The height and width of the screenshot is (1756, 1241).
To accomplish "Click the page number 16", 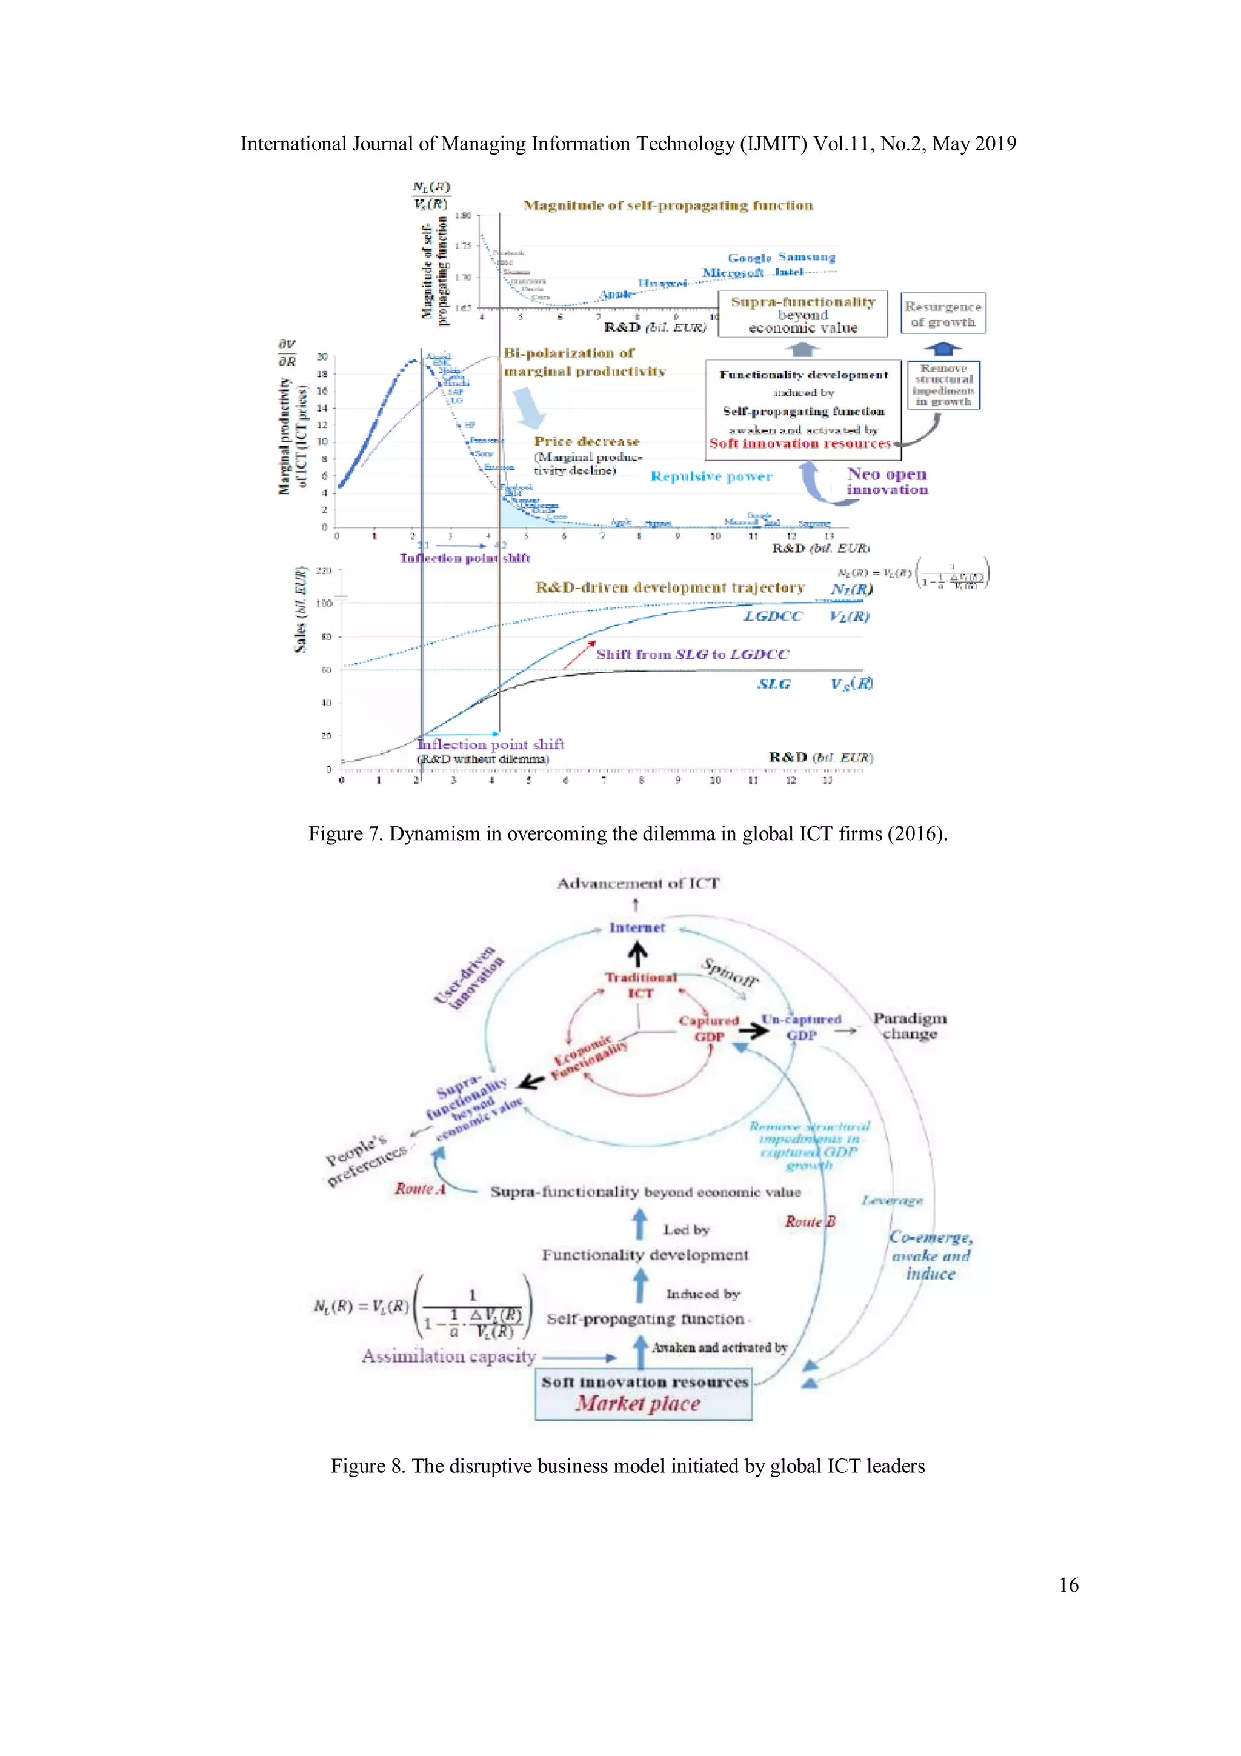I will pos(1068,1584).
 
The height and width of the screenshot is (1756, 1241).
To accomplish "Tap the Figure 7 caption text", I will pos(627,833).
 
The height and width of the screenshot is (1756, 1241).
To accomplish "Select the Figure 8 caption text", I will pos(627,1466).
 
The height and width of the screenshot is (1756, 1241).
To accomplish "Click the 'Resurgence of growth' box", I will pos(943,313).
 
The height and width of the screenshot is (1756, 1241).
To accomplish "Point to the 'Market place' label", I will pos(637,1403).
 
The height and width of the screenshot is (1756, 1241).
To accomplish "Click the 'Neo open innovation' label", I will pos(886,482).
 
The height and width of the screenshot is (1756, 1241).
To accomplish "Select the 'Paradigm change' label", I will pos(909,1026).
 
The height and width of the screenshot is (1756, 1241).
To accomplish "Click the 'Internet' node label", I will pos(637,928).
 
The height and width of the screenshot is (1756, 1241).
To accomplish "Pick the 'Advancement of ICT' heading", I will pos(637,883).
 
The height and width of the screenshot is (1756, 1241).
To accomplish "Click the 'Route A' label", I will pos(420,1189).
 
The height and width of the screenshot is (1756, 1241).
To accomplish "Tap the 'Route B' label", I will pos(810,1221).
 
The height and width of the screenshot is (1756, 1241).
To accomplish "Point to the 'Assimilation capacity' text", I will pos(449,1356).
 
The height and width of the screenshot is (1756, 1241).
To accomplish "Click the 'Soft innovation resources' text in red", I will pos(800,444).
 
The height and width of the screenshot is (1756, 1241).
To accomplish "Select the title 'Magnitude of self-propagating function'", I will pos(668,205).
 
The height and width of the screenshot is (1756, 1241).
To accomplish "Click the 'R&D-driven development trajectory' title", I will pos(670,587).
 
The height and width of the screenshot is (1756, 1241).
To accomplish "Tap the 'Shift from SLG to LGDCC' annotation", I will pos(691,655).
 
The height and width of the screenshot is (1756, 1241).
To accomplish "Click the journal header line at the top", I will pos(628,144).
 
